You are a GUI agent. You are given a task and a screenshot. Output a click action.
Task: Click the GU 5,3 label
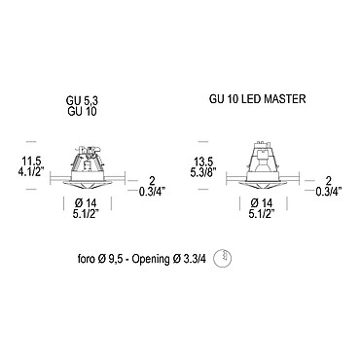83,101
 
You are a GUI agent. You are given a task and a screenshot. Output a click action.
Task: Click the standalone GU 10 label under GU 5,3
83,111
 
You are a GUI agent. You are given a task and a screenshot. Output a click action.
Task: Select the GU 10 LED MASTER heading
257,99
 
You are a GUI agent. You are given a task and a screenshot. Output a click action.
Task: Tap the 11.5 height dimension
31,162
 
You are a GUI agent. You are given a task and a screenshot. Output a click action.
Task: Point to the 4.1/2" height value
31,171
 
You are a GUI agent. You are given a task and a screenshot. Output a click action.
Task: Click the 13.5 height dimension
203,162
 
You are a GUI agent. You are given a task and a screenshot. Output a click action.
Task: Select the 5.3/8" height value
203,171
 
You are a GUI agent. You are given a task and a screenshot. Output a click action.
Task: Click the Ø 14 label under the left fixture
86,203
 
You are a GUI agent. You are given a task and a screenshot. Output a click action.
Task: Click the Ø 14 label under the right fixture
262,203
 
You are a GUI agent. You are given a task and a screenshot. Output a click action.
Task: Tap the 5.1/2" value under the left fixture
86,214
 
